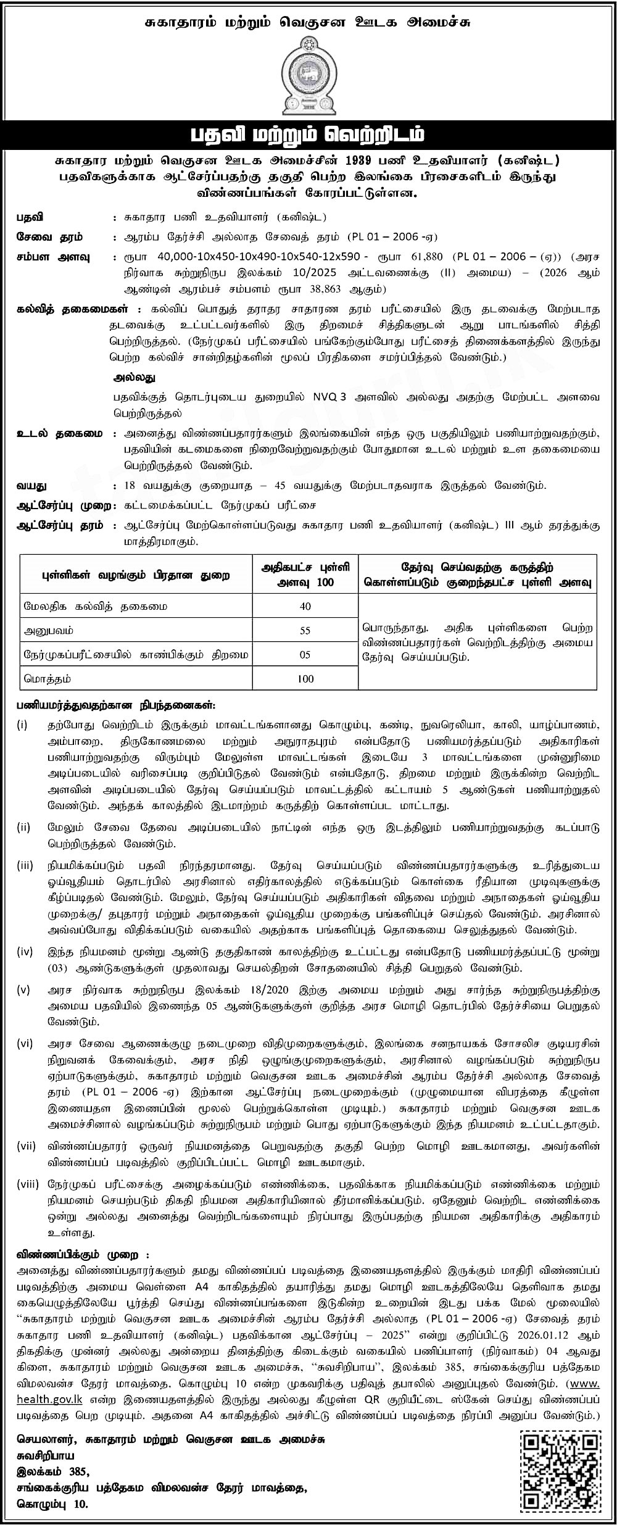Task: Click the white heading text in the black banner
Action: pos(308,135)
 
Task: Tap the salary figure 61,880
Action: pos(425,257)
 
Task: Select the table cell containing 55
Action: pos(305,630)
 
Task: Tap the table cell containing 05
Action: pos(305,654)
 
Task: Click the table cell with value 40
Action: pos(305,606)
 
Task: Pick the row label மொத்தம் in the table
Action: pos(48,678)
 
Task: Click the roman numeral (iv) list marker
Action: pos(25,953)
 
